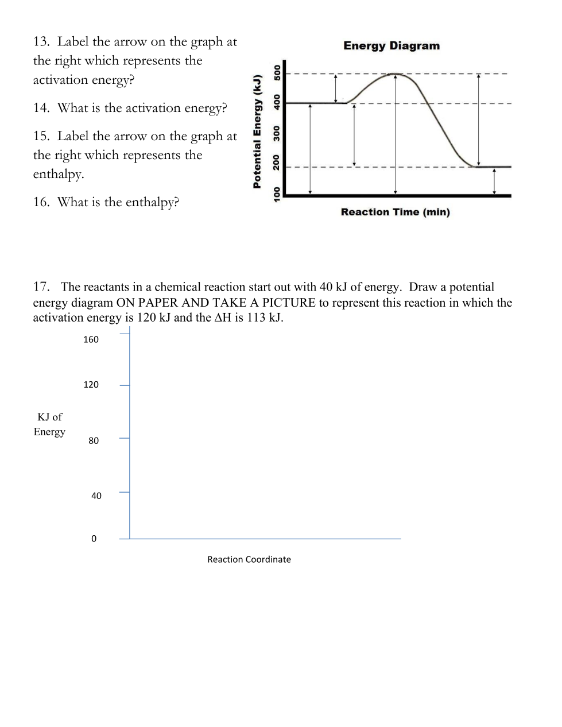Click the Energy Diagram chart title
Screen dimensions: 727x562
392,46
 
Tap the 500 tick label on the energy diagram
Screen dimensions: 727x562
277,72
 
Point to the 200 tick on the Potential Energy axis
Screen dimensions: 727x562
277,162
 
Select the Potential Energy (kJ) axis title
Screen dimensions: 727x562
258,131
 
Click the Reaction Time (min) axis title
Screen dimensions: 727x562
395,212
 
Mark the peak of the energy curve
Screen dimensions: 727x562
395,74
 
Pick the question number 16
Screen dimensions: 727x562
41,202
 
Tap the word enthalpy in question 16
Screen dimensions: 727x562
152,202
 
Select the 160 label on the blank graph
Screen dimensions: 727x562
91,339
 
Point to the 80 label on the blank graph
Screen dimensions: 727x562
94,440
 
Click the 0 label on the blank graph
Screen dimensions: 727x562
94,539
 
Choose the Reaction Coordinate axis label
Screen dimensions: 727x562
249,559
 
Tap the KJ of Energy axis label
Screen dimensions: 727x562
49,424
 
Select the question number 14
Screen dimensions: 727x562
41,108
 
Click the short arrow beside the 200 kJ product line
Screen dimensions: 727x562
494,181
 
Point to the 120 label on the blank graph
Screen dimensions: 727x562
91,385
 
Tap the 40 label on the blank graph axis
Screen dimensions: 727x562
96,496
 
